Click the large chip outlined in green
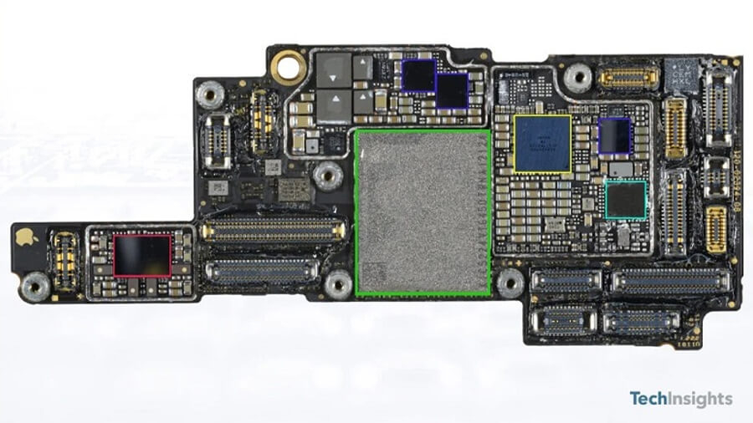tap(423, 212)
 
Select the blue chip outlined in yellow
tap(542, 144)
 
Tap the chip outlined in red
tap(142, 255)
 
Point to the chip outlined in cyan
tap(627, 200)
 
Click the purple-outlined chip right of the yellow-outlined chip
tap(615, 135)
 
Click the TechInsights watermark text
tap(681, 399)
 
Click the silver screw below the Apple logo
tap(34, 288)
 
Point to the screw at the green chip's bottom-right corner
tap(510, 283)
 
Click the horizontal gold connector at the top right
tap(627, 79)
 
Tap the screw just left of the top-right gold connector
tap(578, 79)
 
